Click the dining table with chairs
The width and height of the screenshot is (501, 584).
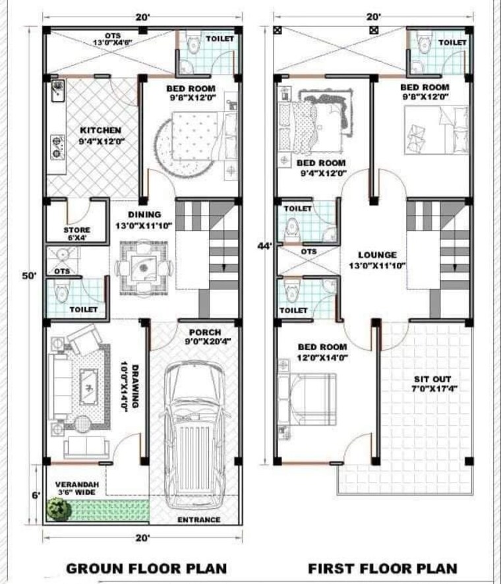[x=144, y=266]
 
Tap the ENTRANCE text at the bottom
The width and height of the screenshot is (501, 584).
[x=199, y=520]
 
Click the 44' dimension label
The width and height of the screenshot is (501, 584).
[x=265, y=246]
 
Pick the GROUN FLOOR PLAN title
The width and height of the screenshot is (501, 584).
[x=147, y=568]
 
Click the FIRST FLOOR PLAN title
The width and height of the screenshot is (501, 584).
[x=382, y=568]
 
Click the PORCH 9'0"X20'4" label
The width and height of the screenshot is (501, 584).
[x=205, y=337]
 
